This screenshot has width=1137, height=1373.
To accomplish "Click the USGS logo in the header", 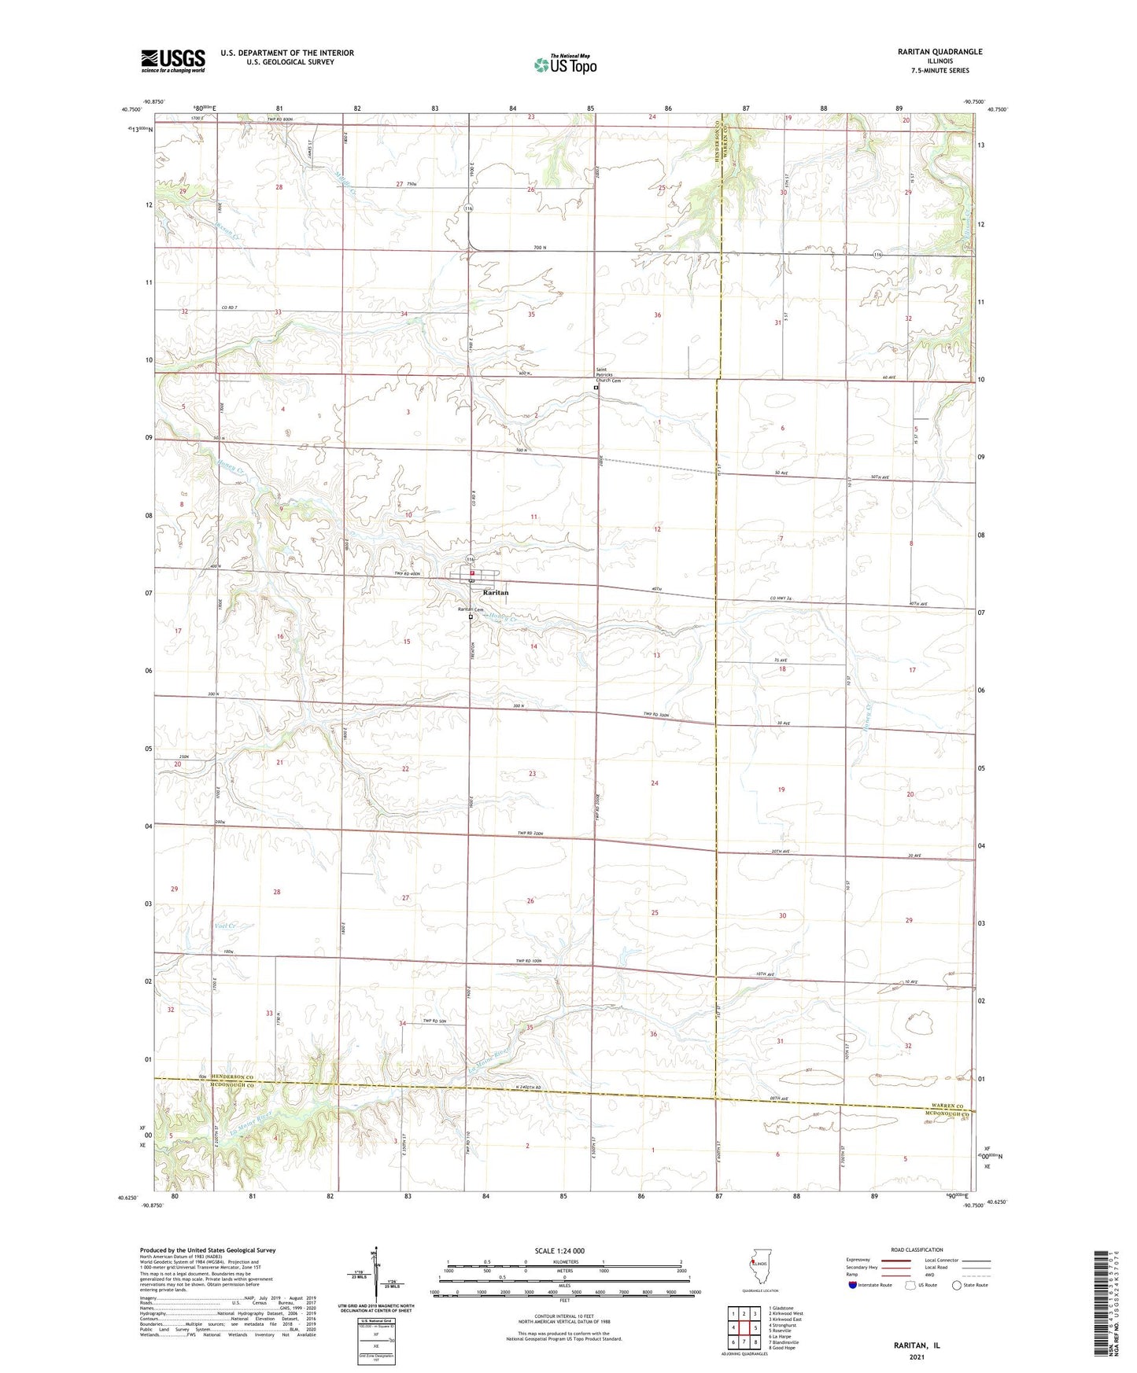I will [x=172, y=61].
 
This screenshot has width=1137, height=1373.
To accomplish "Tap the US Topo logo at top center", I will [x=565, y=64].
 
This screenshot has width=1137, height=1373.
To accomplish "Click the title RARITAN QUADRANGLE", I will [x=940, y=52].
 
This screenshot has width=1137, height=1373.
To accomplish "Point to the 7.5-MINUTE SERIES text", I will [x=940, y=71].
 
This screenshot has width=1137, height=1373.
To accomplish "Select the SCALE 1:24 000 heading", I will [x=559, y=1251].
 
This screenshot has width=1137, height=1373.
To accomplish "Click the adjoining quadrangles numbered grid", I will [x=744, y=1329].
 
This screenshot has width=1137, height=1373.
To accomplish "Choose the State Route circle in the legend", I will [x=956, y=1286].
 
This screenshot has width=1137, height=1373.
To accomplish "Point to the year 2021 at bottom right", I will [x=916, y=1357].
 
